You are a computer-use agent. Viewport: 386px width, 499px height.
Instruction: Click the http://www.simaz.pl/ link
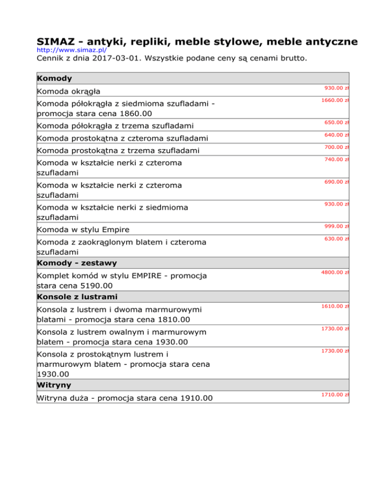point(71,51)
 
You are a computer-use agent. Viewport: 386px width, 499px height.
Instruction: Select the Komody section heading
point(54,78)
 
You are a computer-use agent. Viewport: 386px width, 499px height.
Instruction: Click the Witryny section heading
point(54,385)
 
